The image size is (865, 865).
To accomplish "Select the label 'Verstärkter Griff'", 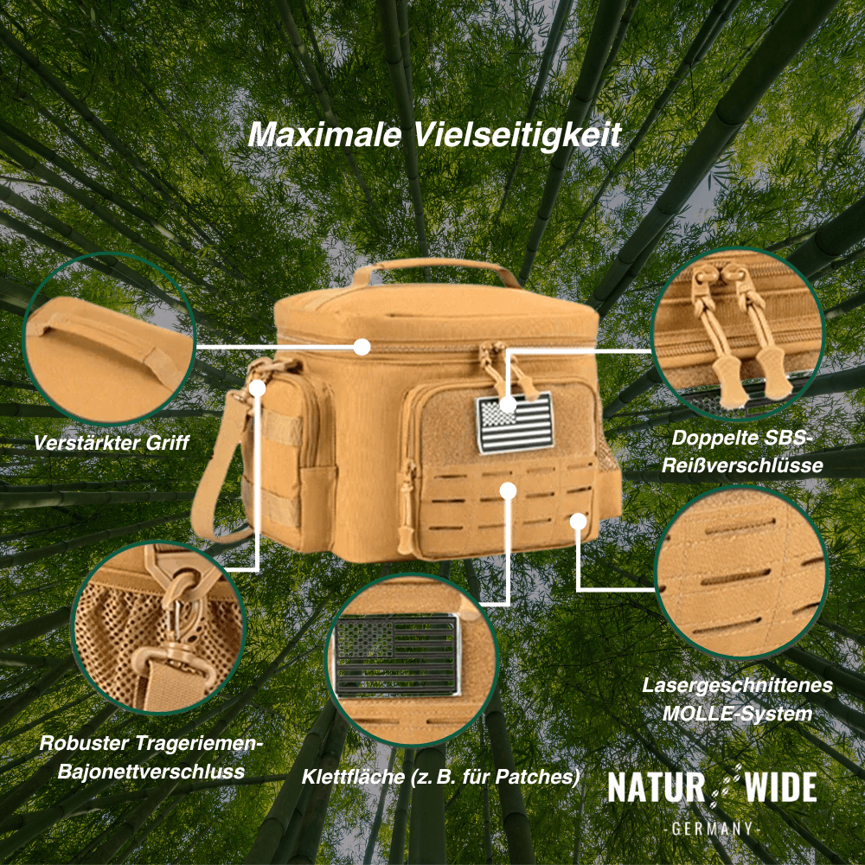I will point(112,443).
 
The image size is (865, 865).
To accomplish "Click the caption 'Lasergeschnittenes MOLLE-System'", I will point(738,699).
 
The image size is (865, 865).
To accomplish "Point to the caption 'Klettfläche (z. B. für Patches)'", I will point(440,776).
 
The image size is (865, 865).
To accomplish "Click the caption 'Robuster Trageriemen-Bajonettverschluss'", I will point(151,757).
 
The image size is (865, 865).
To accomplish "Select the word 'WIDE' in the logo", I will point(777,788).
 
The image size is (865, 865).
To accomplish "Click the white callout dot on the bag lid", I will point(362,347).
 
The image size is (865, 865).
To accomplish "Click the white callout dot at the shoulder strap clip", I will point(258,388).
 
